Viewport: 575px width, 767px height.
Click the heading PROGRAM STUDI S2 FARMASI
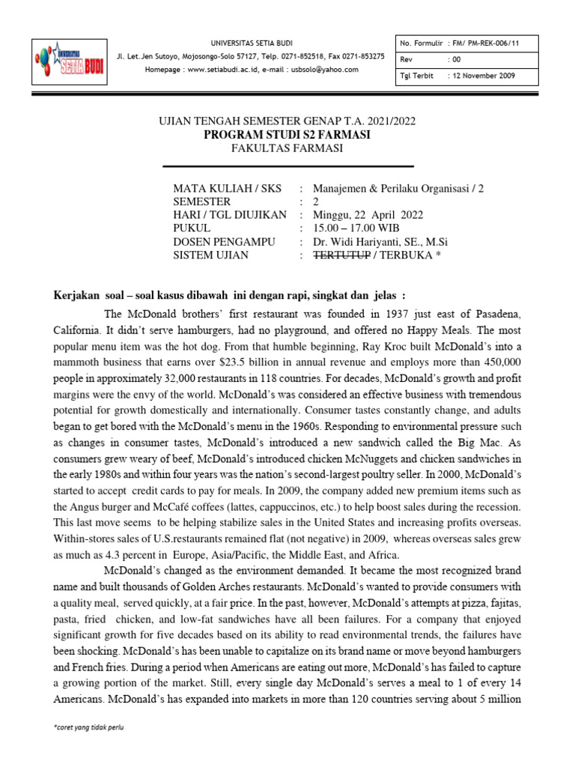[287, 134]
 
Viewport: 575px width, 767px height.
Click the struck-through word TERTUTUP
[342, 255]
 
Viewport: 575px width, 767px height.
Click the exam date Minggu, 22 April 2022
[368, 215]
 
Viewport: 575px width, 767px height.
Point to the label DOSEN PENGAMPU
[224, 242]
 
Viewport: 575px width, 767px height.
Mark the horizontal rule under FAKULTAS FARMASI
[287, 166]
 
